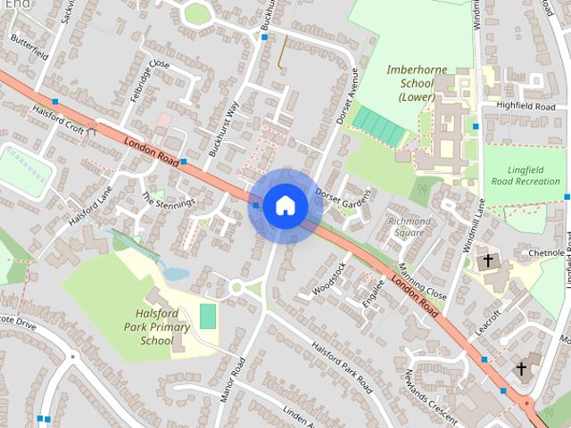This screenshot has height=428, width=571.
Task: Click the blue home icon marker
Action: coord(285,206)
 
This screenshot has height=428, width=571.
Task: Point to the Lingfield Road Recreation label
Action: coord(524,175)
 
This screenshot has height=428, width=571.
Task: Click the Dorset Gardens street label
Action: coord(343,199)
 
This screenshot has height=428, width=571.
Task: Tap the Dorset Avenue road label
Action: coord(347,95)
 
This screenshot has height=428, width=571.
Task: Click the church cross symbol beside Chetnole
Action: coord(488,261)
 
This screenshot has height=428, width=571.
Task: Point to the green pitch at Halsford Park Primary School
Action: coord(208,316)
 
